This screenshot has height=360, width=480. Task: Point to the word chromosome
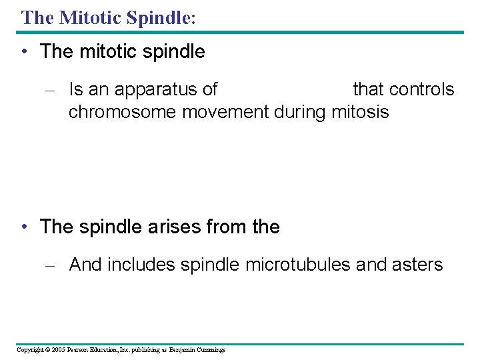(x=123, y=112)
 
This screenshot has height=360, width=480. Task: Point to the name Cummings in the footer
(x=211, y=350)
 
